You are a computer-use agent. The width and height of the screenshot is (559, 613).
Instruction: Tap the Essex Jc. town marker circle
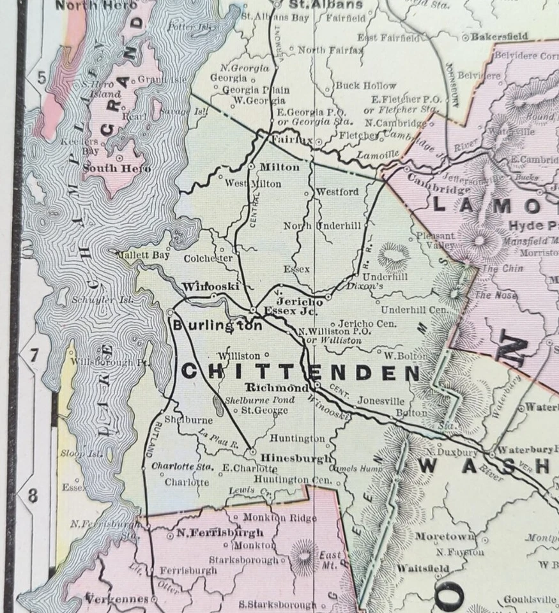tap(253, 310)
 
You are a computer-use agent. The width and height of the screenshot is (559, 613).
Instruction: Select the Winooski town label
tap(210, 287)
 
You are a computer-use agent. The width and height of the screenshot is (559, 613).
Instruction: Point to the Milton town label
tap(280, 167)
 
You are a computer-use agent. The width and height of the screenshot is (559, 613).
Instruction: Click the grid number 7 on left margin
tap(33, 354)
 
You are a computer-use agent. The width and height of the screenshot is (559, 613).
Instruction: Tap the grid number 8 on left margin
tap(33, 496)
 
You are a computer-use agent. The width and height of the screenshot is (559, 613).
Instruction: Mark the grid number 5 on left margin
tap(42, 78)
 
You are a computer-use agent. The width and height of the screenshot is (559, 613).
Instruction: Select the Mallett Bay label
tap(143, 255)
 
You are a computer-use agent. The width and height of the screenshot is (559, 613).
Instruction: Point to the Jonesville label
tap(381, 401)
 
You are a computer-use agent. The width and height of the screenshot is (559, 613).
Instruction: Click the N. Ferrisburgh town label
tap(211, 533)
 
